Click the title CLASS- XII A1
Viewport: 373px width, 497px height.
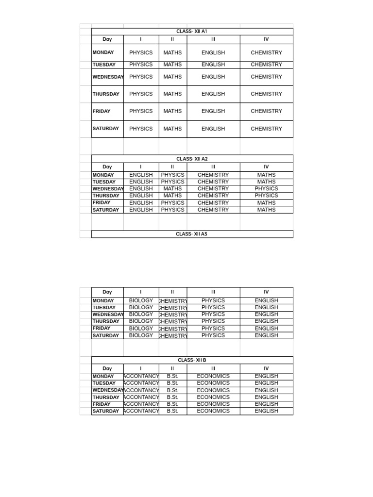(192, 32)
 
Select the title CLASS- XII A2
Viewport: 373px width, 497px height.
(192, 159)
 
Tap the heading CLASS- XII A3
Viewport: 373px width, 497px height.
(192, 234)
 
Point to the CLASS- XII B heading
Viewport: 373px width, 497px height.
(192, 360)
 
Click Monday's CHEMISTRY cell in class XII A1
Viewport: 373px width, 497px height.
(266, 52)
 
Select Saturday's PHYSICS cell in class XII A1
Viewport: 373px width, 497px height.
(141, 129)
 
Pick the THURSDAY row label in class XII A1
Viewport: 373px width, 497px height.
(106, 94)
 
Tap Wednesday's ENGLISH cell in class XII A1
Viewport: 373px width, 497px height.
(213, 77)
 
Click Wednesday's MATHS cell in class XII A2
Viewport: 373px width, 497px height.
(172, 189)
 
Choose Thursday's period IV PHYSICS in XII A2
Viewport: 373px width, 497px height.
(266, 196)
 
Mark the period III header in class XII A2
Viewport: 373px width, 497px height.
(213, 167)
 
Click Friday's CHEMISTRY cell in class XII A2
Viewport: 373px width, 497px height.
(213, 203)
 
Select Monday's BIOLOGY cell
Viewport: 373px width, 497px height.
(141, 300)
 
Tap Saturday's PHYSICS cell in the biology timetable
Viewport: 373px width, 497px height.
(213, 335)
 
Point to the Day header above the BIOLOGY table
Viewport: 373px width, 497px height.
(107, 292)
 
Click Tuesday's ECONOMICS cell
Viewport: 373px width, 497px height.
(213, 383)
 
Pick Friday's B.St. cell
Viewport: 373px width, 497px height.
(172, 404)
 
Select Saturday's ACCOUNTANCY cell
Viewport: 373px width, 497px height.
(141, 411)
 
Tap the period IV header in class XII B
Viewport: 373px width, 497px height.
(266, 368)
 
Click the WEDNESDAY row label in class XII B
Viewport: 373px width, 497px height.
(107, 390)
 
